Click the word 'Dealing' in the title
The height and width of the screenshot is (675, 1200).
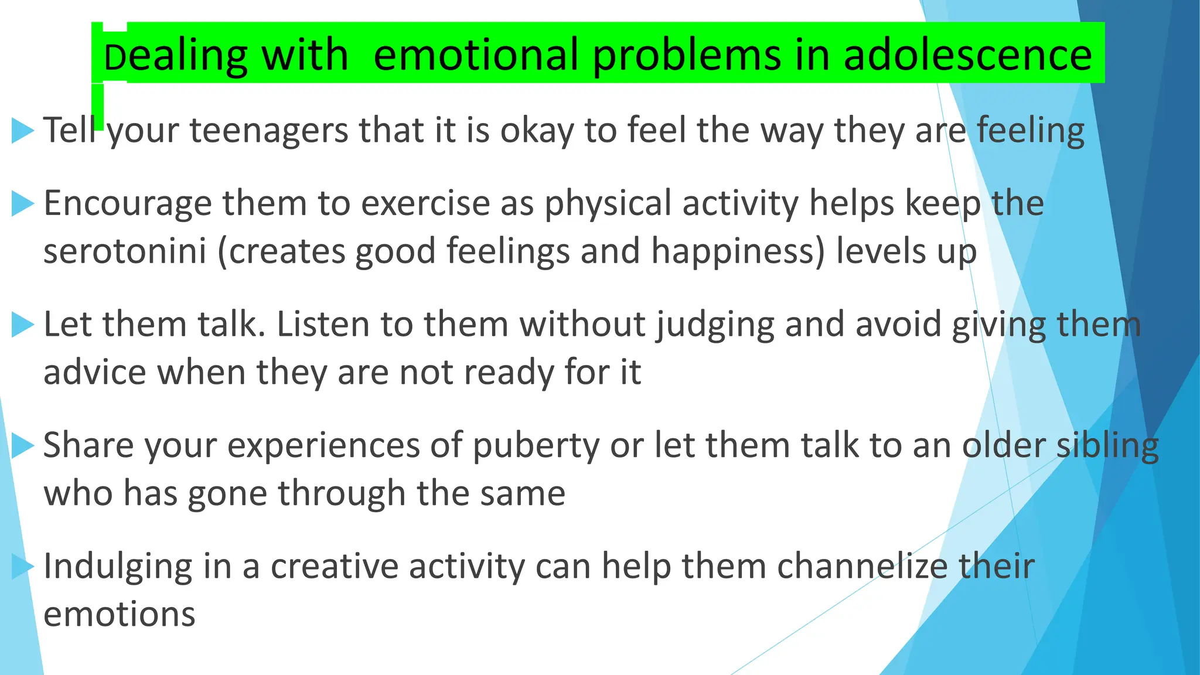click(x=175, y=55)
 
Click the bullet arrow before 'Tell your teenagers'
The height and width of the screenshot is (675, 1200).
click(x=23, y=130)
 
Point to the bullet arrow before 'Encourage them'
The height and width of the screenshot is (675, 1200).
click(x=23, y=204)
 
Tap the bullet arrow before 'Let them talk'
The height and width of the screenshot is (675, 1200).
click(x=23, y=325)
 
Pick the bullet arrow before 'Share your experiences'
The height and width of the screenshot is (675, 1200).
click(x=23, y=446)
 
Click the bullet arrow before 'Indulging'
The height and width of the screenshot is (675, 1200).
click(x=23, y=567)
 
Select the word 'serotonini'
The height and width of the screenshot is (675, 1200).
click(x=125, y=251)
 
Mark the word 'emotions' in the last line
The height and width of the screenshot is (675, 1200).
click(x=120, y=615)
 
